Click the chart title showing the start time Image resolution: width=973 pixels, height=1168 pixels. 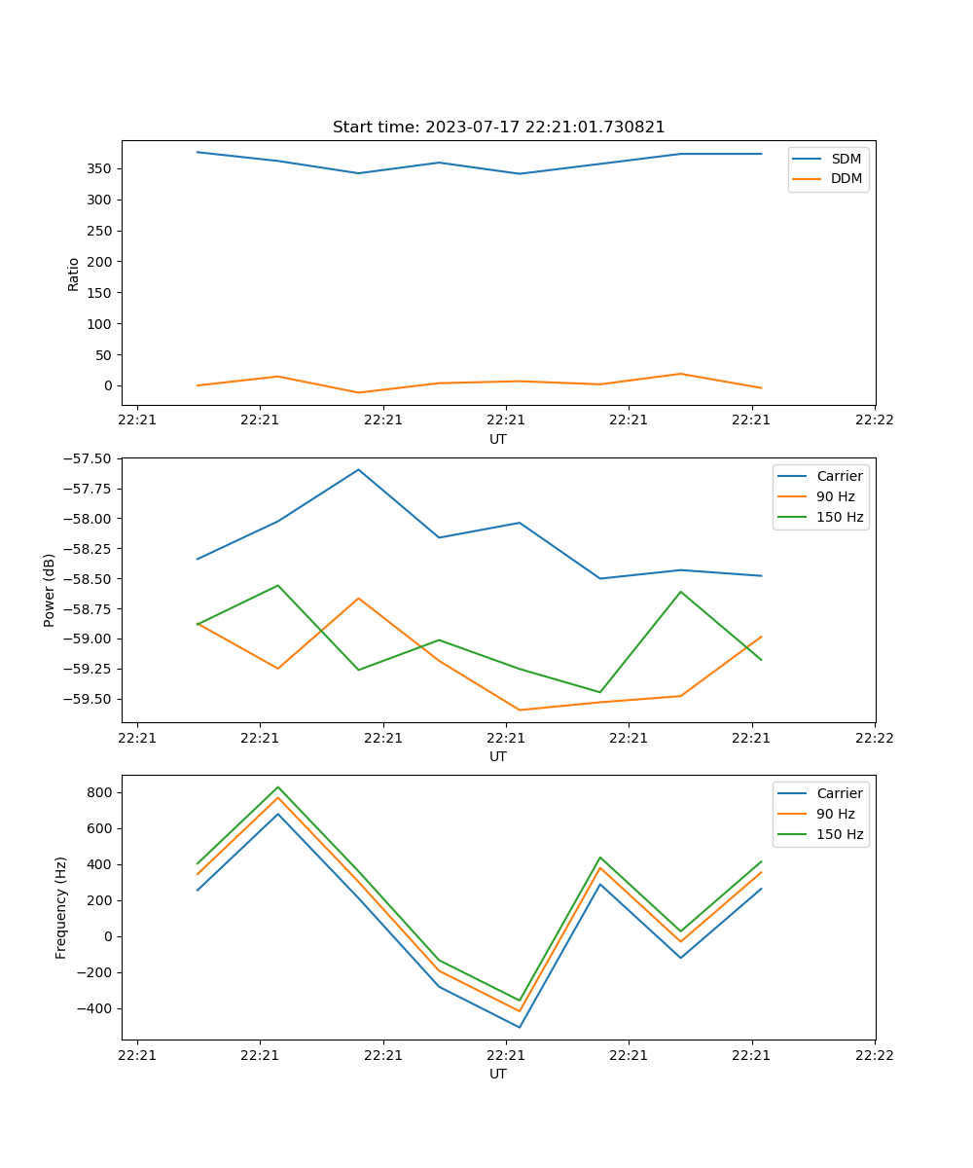pyautogui.click(x=498, y=128)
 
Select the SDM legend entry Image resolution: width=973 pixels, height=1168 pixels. pyautogui.click(x=846, y=159)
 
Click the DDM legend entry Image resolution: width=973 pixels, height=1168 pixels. pyautogui.click(x=846, y=178)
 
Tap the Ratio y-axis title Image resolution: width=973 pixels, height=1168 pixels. pyautogui.click(x=74, y=274)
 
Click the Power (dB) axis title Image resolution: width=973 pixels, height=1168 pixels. pyautogui.click(x=50, y=590)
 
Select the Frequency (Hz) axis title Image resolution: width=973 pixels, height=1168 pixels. pyautogui.click(x=61, y=907)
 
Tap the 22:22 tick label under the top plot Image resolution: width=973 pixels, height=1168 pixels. pyautogui.click(x=874, y=420)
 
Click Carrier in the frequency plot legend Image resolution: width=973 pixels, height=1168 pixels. pyautogui.click(x=839, y=793)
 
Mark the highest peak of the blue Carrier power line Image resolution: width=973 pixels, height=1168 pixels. pyautogui.click(x=358, y=469)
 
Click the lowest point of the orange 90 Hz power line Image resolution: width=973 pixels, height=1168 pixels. pyautogui.click(x=520, y=710)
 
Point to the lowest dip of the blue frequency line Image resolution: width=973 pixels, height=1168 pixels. pyautogui.click(x=520, y=1027)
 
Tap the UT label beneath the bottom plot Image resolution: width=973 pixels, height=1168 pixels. pyautogui.click(x=498, y=1074)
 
